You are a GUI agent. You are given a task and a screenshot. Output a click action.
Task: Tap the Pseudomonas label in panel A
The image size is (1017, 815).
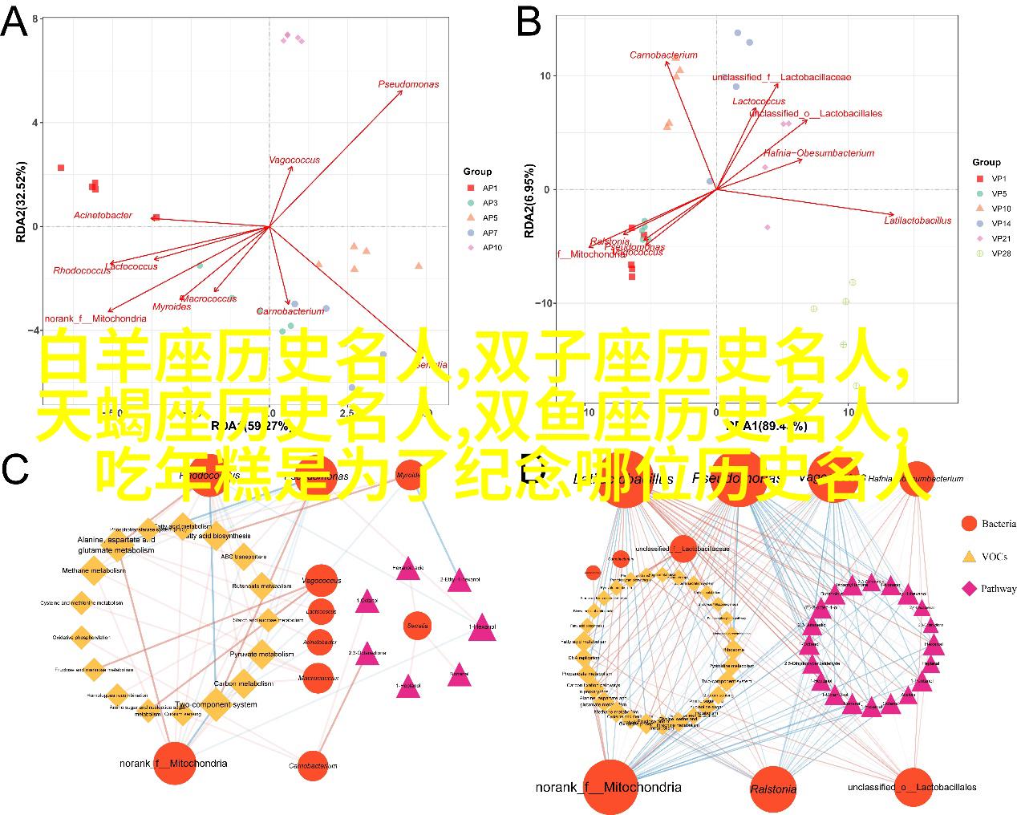point(408,84)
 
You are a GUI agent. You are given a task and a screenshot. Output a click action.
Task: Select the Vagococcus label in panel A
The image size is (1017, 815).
point(294,160)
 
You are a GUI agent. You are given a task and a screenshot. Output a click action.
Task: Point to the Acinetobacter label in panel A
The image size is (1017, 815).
point(103,215)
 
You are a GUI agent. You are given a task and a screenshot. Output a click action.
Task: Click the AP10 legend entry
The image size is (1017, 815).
point(492,248)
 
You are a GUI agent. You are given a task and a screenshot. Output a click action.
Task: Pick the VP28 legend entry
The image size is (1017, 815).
point(1000,253)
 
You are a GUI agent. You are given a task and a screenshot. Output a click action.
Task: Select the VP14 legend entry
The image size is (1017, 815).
point(1000,224)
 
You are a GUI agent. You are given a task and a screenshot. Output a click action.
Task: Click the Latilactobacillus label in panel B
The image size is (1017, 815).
point(918,220)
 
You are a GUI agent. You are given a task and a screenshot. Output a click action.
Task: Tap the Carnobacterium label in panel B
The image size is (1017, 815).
point(663,55)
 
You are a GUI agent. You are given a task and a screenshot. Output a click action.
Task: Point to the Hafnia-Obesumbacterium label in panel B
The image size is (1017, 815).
point(818,153)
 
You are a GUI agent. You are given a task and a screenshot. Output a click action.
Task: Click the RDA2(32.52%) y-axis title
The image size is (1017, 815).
point(21,202)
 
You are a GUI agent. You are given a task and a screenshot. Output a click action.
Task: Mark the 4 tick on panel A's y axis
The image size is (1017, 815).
point(35,123)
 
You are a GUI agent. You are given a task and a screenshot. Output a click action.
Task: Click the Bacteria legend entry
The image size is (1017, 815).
point(998,524)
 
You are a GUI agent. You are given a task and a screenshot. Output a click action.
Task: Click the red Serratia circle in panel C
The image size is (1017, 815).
point(418,626)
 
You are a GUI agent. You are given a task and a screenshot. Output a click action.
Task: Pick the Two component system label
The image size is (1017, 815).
point(217,704)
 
